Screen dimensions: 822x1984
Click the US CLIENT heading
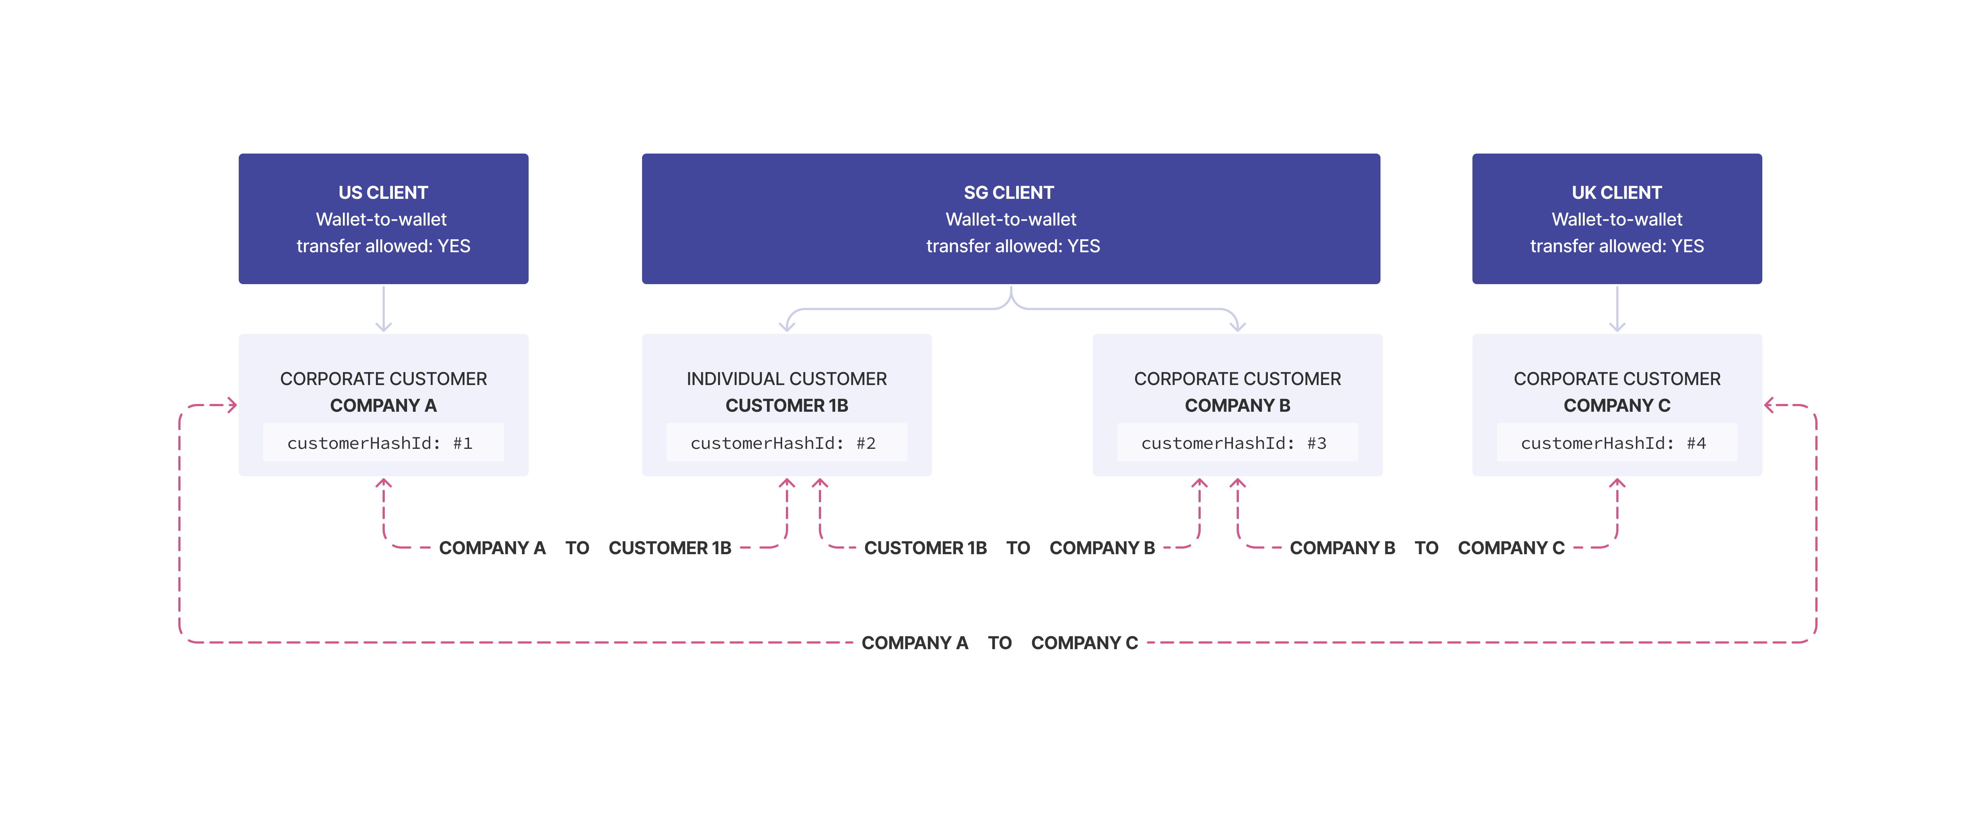(x=383, y=193)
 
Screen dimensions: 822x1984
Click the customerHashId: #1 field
(x=383, y=443)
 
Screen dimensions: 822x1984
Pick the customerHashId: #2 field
(x=786, y=443)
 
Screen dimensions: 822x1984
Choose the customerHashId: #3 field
(x=1236, y=443)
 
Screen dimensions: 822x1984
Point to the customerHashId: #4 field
(x=1616, y=443)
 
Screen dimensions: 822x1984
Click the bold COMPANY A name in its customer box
(x=383, y=405)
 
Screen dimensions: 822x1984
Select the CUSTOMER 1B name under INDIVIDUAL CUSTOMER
(x=786, y=405)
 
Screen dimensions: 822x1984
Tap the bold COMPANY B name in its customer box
(x=1237, y=405)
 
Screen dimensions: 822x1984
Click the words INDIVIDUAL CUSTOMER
(x=786, y=379)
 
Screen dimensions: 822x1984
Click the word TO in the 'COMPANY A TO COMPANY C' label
(x=1000, y=642)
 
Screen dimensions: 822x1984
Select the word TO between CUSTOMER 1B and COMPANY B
(x=1018, y=548)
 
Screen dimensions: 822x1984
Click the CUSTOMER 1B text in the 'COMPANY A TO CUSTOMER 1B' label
(x=669, y=548)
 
